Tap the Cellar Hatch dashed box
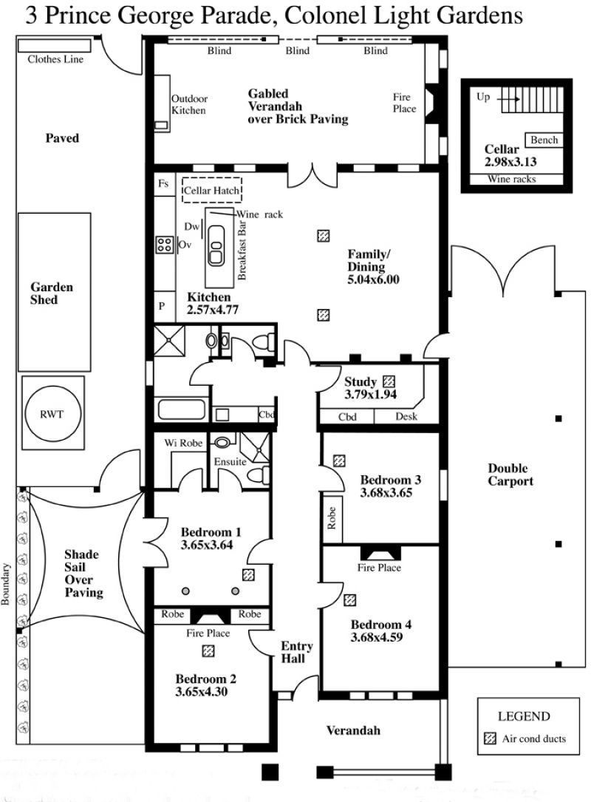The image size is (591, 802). point(212,190)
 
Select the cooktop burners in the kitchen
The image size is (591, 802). point(165,245)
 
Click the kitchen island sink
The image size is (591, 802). point(216,245)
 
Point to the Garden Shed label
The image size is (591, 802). point(51,293)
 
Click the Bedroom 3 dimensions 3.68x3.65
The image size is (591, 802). point(386,492)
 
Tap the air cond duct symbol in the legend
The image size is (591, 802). point(490,738)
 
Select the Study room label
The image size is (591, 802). point(361,381)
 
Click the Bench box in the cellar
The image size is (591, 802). point(544,140)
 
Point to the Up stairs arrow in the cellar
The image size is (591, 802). point(510,99)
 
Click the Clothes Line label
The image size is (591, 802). point(55,59)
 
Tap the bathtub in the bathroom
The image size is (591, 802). point(182,410)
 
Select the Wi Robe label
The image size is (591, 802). point(183,443)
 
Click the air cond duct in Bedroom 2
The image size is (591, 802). point(208,650)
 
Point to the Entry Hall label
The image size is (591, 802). point(296,652)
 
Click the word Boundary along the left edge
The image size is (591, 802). point(6,584)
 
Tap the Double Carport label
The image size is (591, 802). point(510,475)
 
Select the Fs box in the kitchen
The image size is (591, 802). point(163,183)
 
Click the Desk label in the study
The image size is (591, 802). point(406,416)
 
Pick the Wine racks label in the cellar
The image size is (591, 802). point(512,179)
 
